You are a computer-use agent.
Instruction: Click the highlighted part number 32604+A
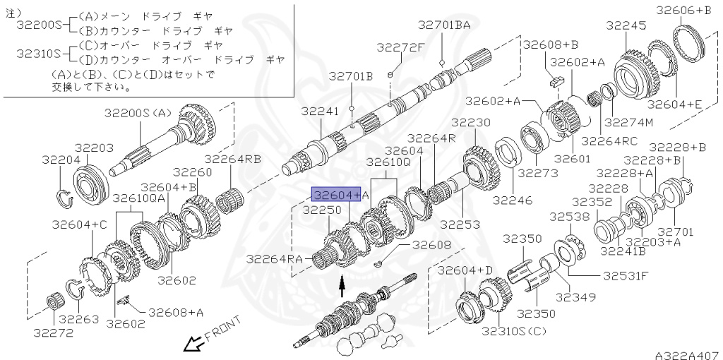337,194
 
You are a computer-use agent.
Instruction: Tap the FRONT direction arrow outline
191,344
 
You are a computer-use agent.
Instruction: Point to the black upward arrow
342,285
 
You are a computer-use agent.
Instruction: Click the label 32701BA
443,25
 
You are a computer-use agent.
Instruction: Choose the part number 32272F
400,47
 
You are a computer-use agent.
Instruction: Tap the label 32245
626,25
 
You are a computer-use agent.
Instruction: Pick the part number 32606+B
683,10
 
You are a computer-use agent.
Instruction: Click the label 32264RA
275,259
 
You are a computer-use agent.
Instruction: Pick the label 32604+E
674,104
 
